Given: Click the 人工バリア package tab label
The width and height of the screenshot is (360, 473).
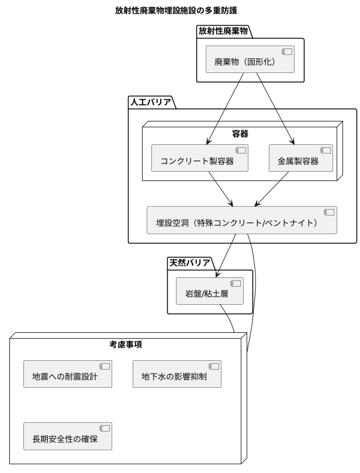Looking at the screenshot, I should tap(150, 102).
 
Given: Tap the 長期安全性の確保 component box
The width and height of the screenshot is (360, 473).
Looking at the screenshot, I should tap(67, 437).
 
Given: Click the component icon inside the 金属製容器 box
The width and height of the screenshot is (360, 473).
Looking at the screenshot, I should tap(324, 150).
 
